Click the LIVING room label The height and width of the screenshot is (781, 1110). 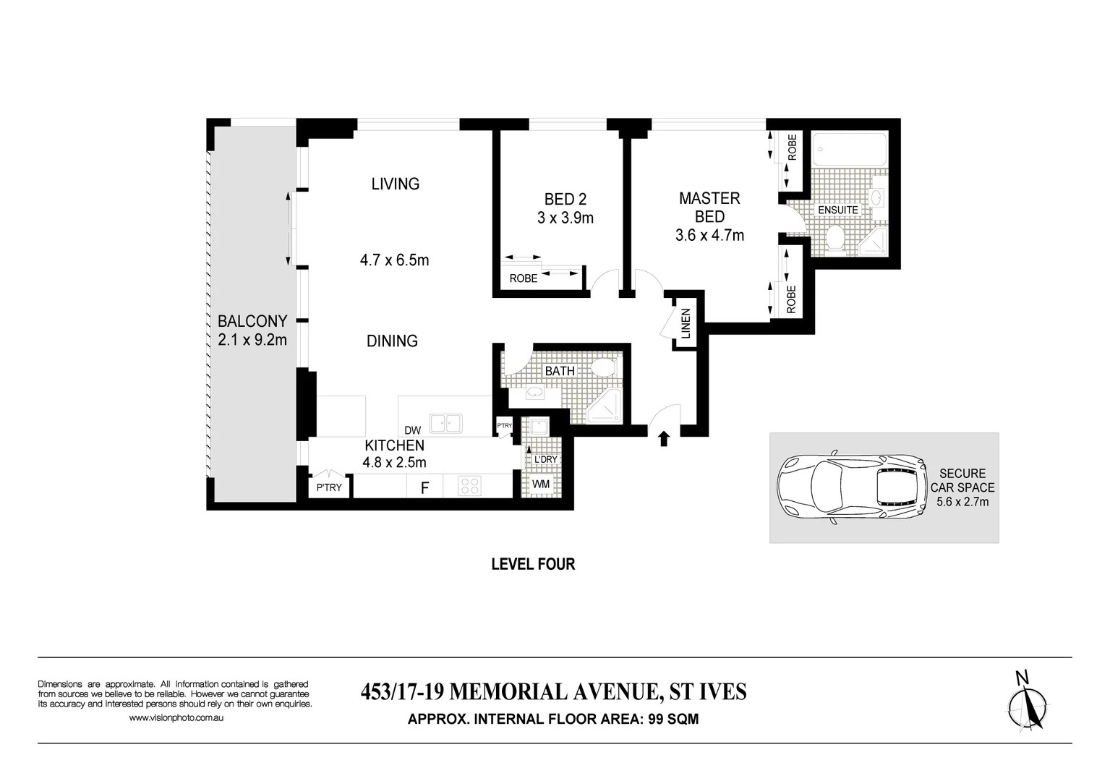(x=395, y=184)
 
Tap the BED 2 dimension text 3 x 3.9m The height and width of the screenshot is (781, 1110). (x=565, y=218)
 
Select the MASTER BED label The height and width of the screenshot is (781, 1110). (x=709, y=207)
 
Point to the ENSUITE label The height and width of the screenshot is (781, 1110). (x=837, y=210)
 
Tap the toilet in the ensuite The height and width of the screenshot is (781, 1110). (x=836, y=238)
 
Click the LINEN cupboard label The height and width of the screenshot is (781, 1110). (x=686, y=323)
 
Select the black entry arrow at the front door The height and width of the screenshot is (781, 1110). (x=664, y=438)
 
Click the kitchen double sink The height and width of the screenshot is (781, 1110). (x=445, y=423)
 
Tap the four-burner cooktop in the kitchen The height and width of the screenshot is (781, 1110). (x=470, y=485)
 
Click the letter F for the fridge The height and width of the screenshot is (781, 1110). (x=425, y=488)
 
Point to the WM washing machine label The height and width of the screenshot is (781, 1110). (x=540, y=484)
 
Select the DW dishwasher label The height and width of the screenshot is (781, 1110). (x=413, y=430)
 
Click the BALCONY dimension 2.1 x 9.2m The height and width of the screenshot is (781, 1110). (x=252, y=339)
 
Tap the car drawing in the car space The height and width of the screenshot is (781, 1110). (x=850, y=487)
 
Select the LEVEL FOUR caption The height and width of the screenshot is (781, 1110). (x=533, y=564)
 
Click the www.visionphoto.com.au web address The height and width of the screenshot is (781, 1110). (x=176, y=718)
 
